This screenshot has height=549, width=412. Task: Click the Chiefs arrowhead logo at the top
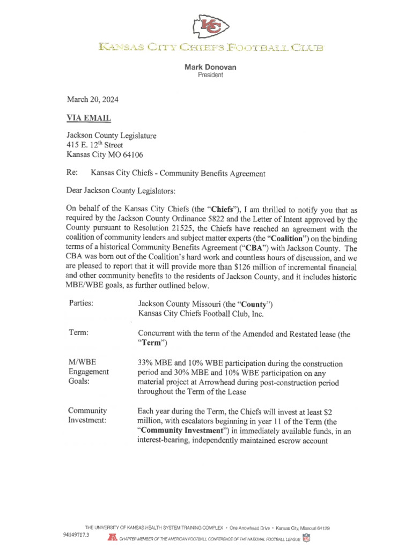[211, 26]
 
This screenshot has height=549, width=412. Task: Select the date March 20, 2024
[92, 100]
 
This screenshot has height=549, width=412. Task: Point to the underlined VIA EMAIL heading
[89, 118]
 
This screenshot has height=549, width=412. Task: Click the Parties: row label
[81, 303]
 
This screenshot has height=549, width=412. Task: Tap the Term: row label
[78, 333]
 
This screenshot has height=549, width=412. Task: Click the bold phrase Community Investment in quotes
[180, 430]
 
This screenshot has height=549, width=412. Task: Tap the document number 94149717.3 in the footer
[76, 535]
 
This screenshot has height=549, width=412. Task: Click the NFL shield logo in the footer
[306, 537]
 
